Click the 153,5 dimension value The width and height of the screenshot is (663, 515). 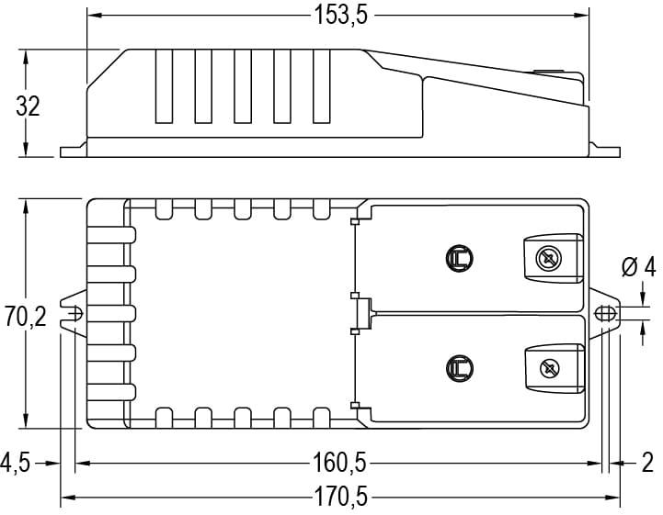coord(341,16)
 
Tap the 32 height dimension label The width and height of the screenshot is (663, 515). coord(28,106)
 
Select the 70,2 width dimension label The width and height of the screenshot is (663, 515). coord(26,317)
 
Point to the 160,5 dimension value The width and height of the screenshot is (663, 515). coord(339,463)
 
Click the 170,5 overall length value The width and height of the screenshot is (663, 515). coord(340,497)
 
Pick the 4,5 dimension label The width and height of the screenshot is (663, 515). coord(16,463)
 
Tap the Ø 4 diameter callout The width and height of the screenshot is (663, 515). coord(638,267)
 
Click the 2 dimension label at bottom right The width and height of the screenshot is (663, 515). coord(647,463)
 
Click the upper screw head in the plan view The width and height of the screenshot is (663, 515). coord(548,258)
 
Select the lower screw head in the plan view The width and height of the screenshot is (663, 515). coord(550,368)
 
